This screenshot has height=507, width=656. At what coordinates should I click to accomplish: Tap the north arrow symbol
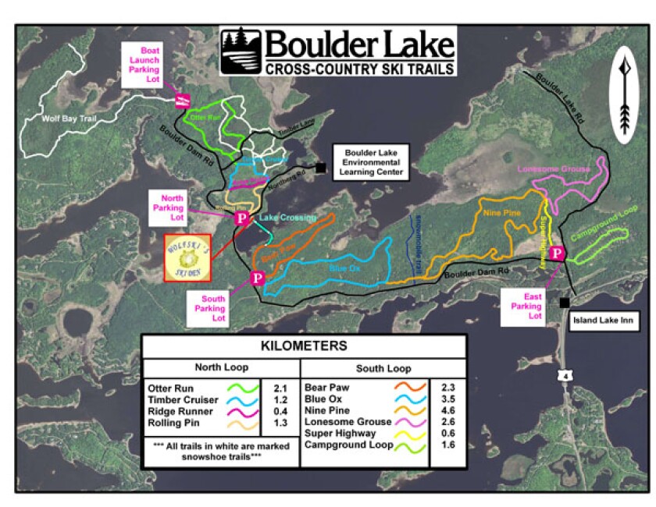click(624, 97)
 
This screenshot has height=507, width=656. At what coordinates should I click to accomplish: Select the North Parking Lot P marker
click(242, 218)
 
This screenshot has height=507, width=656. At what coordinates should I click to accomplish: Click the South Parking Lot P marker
click(256, 278)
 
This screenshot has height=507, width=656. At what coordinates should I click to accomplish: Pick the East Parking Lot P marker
click(557, 253)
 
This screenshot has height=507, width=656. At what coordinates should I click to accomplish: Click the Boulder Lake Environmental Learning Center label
click(369, 161)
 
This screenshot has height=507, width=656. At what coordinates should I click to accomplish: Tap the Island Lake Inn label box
click(604, 318)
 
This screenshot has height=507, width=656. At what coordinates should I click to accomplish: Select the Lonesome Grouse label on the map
click(552, 168)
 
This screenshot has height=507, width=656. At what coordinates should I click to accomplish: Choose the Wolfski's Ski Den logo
click(187, 257)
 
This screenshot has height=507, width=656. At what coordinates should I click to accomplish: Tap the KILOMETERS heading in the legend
click(305, 345)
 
